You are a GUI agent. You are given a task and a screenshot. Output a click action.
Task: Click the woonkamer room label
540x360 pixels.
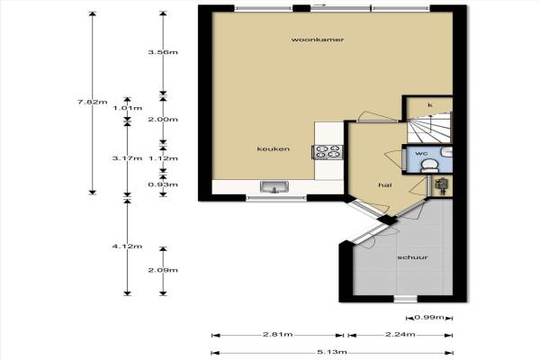[318, 40]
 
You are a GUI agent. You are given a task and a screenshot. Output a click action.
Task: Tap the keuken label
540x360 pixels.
[273, 148]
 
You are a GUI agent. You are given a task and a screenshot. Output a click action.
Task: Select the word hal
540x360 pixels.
[385, 185]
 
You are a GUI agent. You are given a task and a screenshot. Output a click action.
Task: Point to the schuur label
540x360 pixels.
[412, 257]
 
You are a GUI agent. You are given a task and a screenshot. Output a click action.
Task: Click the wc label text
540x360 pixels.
[421, 153]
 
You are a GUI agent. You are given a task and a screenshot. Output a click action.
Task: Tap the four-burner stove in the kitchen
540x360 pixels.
[328, 152]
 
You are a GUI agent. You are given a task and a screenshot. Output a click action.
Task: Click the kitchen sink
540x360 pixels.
[274, 187]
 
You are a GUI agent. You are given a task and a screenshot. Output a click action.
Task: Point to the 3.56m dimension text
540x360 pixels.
[163, 52]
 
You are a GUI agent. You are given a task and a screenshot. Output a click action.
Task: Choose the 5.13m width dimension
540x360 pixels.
[331, 352]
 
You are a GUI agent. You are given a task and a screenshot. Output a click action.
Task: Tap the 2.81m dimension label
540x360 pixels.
[277, 334]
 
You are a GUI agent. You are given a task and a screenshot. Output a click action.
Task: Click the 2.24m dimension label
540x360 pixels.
[400, 334]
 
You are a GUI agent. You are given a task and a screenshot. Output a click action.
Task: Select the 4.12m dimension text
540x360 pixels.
[127, 247]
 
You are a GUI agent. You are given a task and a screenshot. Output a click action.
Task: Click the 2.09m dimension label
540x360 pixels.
[163, 270]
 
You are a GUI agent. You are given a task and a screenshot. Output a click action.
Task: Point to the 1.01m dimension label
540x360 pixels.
[128, 108]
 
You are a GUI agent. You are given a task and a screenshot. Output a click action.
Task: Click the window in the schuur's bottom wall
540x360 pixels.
[405, 299]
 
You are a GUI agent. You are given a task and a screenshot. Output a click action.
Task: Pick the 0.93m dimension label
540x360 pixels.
[163, 184]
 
